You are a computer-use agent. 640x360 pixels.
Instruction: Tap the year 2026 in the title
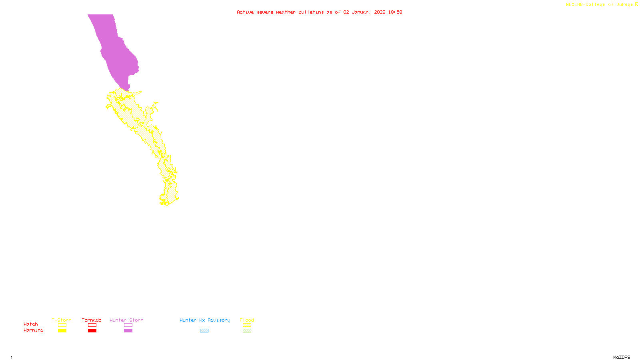(x=380, y=12)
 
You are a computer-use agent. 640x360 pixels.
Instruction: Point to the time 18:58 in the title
(x=395, y=12)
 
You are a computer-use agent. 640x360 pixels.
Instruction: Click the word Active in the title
(x=245, y=12)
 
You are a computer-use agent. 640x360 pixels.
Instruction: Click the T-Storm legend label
(x=62, y=320)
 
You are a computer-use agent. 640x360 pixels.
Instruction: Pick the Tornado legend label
(x=92, y=320)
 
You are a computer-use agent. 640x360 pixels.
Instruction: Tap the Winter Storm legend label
(x=126, y=320)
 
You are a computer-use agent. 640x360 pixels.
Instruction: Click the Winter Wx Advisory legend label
(x=205, y=320)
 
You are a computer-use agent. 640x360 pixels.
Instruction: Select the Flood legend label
(x=247, y=320)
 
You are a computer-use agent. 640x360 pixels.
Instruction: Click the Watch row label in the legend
(x=31, y=324)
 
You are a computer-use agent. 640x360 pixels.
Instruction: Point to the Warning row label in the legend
(x=34, y=330)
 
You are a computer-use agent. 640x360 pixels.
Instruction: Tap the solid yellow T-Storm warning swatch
(x=62, y=331)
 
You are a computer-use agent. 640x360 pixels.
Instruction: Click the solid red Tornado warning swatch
(x=92, y=331)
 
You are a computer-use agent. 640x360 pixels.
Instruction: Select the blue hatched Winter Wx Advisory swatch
(x=204, y=331)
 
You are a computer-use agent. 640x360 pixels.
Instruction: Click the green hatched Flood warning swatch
(x=247, y=331)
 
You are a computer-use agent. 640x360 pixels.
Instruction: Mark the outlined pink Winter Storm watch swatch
(x=128, y=325)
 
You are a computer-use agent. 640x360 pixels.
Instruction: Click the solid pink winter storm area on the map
(x=116, y=52)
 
